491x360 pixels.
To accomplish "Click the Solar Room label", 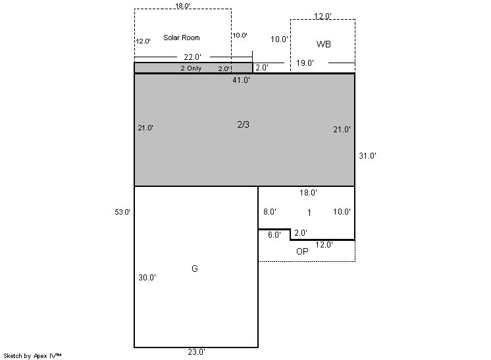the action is tap(181, 38).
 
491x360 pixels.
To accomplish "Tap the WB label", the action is tap(323, 44).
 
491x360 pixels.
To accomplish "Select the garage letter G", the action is tap(194, 269).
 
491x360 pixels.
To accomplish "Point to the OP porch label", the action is tap(302, 251).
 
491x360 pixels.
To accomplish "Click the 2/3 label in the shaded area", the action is tap(244, 124).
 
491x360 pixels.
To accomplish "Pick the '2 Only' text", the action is tap(191, 68).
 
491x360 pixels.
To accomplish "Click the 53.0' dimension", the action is tap(122, 212).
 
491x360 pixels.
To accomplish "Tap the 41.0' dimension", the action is tap(241, 80).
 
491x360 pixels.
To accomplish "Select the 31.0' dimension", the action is tap(368, 155).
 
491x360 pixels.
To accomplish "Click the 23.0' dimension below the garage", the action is tap(197, 352).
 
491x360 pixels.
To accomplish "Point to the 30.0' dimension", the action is tap(147, 277).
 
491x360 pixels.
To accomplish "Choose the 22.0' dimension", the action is tap(193, 57).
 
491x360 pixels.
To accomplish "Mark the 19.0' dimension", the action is tap(305, 63).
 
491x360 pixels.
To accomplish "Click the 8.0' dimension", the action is tap(270, 212).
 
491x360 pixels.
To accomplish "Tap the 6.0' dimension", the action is tap(274, 235).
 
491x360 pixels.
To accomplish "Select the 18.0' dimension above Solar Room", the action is tap(182, 6).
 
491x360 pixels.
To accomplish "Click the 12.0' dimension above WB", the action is tap(323, 16).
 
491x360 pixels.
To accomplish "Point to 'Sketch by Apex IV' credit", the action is tap(32, 355).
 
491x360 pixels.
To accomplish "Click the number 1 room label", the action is tap(309, 213).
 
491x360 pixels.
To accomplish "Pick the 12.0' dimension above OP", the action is tap(324, 244).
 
